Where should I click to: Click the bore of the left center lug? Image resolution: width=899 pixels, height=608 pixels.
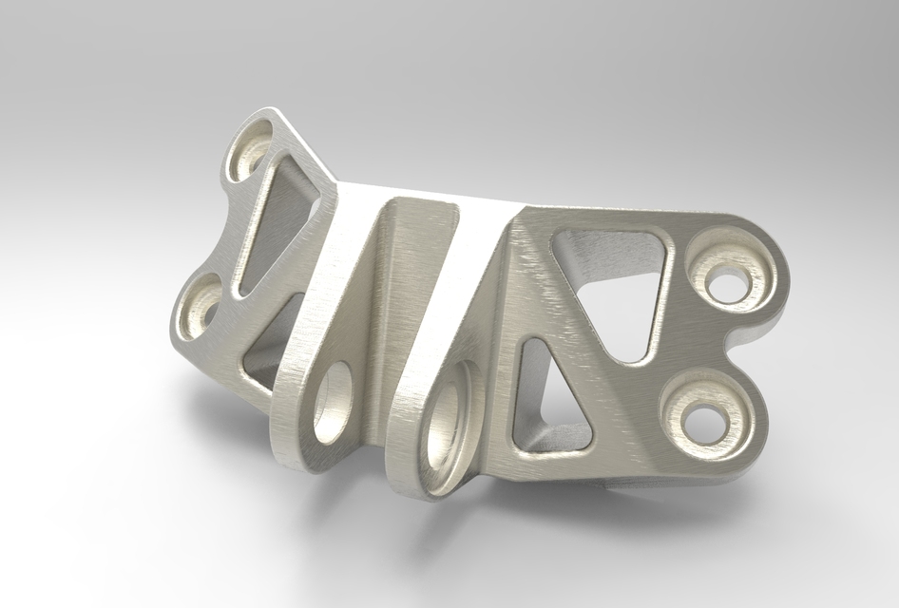tap(334, 404)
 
